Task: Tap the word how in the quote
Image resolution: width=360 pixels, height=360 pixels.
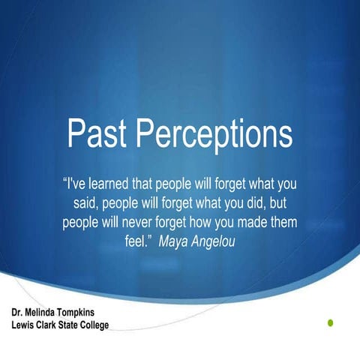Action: pos(211,223)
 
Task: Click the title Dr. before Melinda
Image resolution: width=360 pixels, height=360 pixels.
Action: pos(18,310)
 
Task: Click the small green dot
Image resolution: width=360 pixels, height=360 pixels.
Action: pos(329,322)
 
